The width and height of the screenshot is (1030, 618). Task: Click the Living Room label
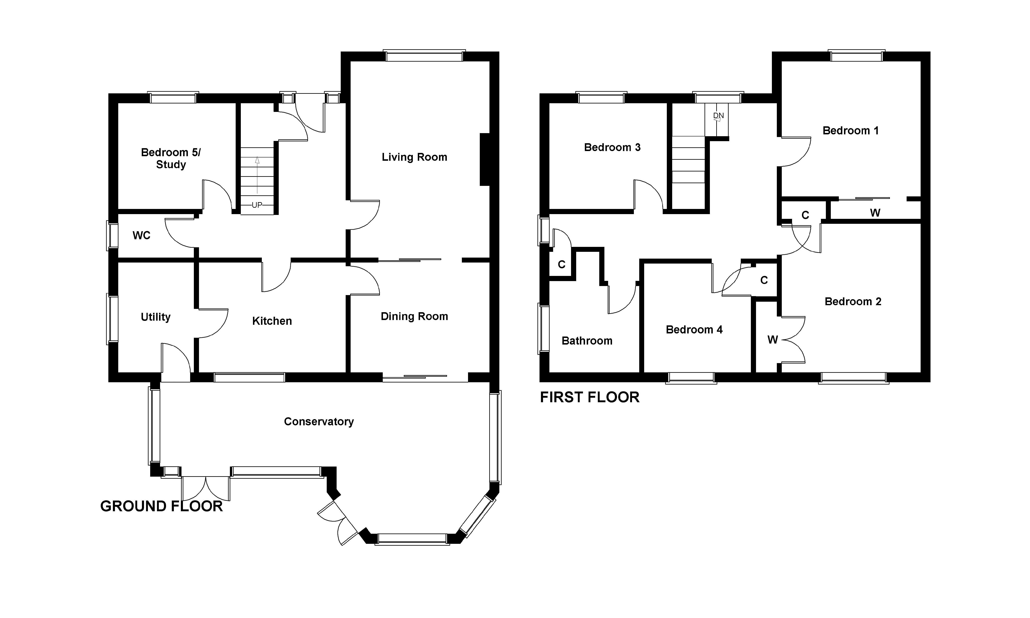[414, 157]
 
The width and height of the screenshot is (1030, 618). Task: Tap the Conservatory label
[319, 421]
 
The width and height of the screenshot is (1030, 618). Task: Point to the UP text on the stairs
[257, 205]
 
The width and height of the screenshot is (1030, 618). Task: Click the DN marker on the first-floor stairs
[718, 115]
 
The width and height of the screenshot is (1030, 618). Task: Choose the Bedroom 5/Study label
[171, 158]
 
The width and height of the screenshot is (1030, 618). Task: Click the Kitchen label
[272, 321]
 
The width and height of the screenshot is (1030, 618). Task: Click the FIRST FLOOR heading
[590, 397]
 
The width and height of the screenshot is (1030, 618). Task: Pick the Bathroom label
[587, 341]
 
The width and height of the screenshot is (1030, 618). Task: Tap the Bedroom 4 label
[694, 330]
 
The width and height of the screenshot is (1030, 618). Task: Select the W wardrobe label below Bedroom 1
[875, 213]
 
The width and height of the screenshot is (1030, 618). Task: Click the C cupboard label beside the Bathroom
[562, 264]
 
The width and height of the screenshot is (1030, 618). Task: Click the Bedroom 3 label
[612, 147]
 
